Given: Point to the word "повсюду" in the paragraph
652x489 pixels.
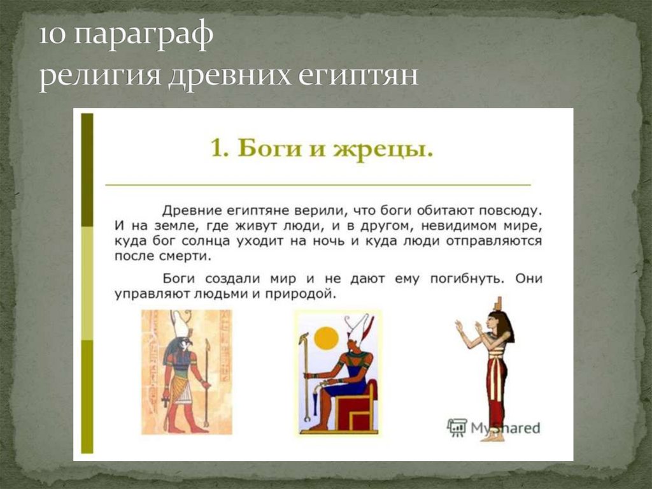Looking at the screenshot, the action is point(510,211).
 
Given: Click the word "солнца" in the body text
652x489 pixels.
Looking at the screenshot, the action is point(205,242).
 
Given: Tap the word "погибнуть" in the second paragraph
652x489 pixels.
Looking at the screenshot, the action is point(467,279).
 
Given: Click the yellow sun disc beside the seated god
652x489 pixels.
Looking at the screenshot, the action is point(327,338).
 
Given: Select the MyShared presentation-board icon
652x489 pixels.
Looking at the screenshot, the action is point(457,427).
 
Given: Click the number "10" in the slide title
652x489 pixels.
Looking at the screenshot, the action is point(53,36).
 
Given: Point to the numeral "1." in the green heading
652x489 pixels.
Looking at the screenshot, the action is point(220,149).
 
